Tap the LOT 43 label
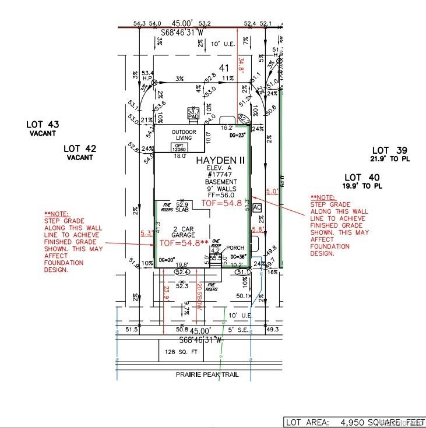pos(43,125)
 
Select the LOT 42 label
pos(79,149)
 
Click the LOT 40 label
pos(361,177)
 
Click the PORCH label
pos(235,247)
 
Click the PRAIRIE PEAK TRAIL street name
pos(207,374)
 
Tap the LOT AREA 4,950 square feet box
pos(353,422)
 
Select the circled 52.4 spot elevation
pos(182,272)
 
